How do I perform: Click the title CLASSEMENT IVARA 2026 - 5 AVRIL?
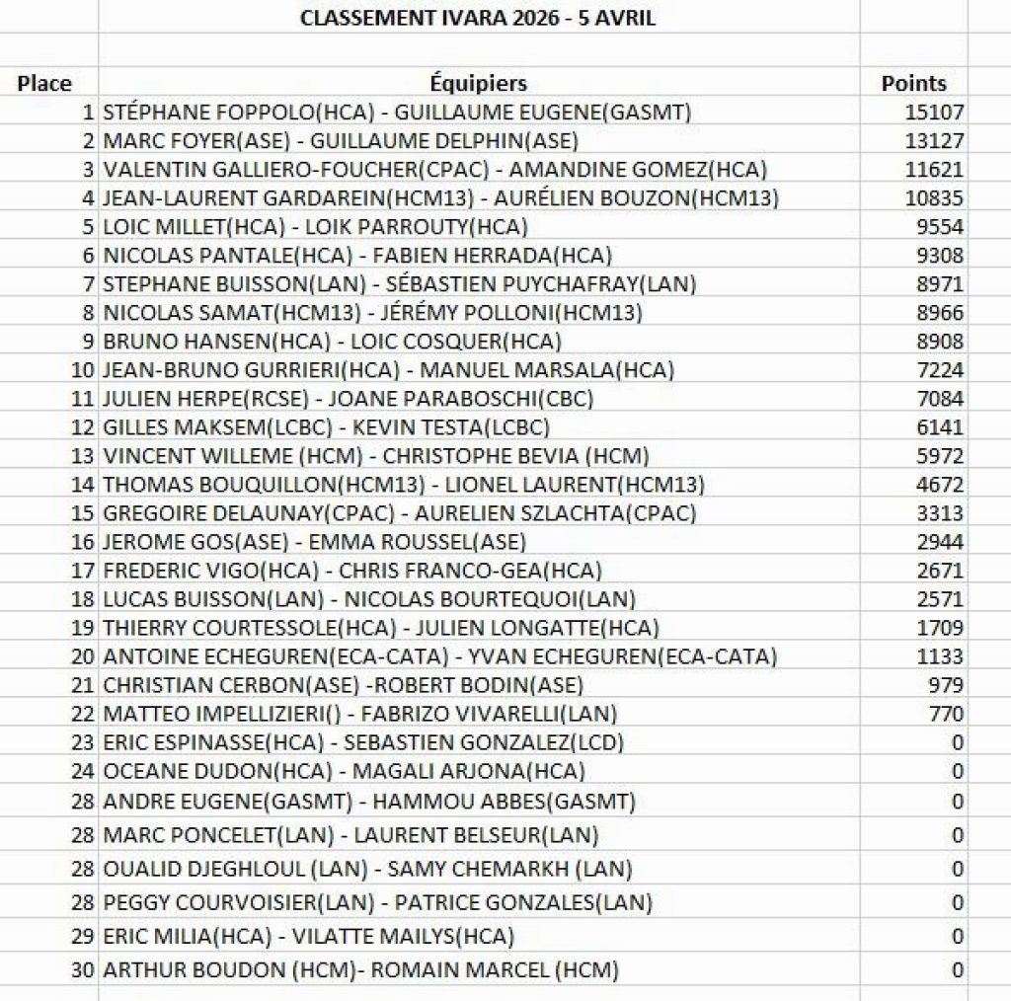point(478,19)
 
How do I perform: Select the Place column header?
point(44,84)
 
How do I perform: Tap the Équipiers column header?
point(479,84)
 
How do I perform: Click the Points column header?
point(913,84)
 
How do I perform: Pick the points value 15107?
point(934,113)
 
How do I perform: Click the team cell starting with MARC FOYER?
point(341,141)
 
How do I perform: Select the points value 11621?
point(934,170)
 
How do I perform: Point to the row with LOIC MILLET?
point(315,227)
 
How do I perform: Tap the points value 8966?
point(940,313)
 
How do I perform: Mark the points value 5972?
point(940,456)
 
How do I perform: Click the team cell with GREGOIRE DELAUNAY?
point(399,513)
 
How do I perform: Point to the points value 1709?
point(940,628)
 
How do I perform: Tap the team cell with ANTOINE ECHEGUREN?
point(439,656)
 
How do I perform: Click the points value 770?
point(946,714)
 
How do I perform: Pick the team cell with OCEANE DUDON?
point(344,771)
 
